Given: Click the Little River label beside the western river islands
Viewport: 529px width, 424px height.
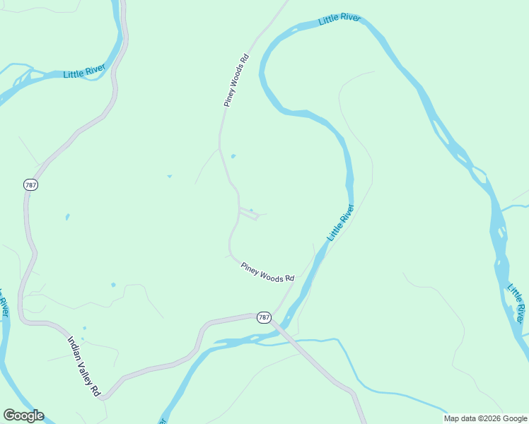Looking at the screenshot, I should pos(84,71).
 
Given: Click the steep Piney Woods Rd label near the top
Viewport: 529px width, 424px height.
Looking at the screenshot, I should pos(237,80).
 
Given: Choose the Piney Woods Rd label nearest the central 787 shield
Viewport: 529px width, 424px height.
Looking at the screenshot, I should pos(267,272).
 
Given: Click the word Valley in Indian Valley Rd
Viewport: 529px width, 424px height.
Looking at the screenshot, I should pos(85,365).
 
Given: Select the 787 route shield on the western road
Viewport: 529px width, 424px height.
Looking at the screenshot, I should pos(30,185).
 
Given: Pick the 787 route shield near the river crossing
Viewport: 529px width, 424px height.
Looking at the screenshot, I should pos(264,317).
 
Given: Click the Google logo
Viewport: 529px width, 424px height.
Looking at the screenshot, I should pos(23,416).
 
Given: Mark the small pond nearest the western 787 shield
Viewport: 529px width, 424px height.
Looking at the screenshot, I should pos(67,217).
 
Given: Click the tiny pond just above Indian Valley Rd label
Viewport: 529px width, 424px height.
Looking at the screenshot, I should pos(83,329).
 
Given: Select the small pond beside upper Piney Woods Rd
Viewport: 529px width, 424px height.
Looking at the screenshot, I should pos(233,156).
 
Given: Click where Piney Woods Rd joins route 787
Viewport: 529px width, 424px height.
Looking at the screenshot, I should pos(275,314).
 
